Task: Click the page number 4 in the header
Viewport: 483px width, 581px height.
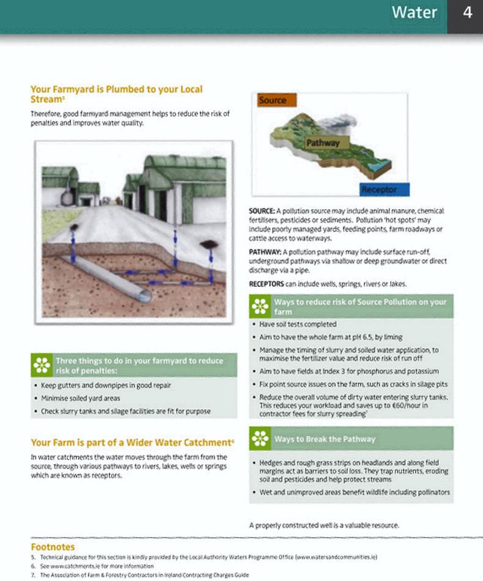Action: point(467,13)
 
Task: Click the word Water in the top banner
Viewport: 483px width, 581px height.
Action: point(415,13)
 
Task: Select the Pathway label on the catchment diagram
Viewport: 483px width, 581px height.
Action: point(323,143)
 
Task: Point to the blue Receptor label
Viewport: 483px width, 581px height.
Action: point(383,190)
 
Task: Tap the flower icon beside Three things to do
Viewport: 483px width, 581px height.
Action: point(42,365)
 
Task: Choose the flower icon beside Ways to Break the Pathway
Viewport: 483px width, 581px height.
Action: point(260,439)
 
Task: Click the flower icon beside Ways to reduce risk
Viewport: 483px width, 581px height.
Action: point(260,306)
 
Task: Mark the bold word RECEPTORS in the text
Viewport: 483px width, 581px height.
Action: point(267,284)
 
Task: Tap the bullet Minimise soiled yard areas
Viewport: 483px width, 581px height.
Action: point(80,398)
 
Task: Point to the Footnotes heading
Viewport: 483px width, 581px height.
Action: point(53,547)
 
